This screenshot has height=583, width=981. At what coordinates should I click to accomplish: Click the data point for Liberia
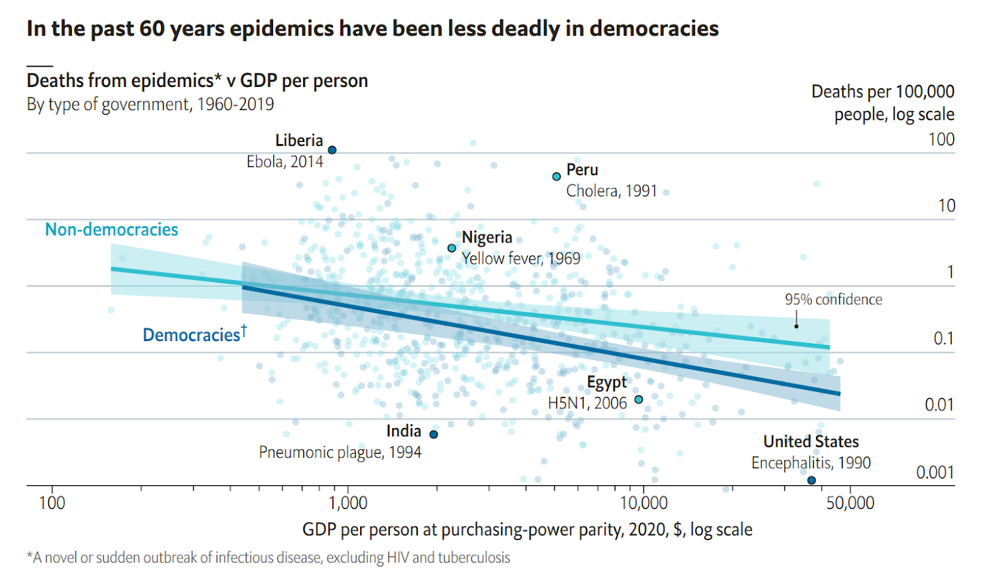(332, 150)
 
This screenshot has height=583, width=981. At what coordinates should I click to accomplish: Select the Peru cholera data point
(556, 177)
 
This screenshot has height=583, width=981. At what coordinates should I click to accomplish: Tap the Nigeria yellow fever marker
(452, 248)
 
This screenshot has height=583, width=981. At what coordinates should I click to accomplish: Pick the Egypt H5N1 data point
(639, 400)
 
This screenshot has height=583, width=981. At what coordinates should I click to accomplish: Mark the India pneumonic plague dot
(433, 434)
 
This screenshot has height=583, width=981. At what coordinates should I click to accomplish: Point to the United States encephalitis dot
(811, 480)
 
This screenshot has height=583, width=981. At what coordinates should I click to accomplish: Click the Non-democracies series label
(111, 230)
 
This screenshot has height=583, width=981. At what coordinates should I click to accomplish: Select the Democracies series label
(191, 335)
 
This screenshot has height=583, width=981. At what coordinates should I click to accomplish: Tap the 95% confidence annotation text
(834, 300)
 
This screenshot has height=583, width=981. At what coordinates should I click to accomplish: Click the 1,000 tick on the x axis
(348, 503)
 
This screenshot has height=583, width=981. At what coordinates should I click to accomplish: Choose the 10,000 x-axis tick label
(643, 503)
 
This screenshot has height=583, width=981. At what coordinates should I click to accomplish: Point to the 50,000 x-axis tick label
(850, 503)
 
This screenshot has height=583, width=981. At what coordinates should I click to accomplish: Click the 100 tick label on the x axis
(52, 503)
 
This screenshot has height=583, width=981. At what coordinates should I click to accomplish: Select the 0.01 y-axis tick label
(940, 405)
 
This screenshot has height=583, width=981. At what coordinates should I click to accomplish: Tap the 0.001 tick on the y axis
(935, 472)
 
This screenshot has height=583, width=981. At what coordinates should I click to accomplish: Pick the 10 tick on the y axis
(946, 206)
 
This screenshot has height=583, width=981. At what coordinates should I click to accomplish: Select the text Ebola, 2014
(285, 162)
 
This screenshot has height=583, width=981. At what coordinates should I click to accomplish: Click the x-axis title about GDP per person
(527, 530)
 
